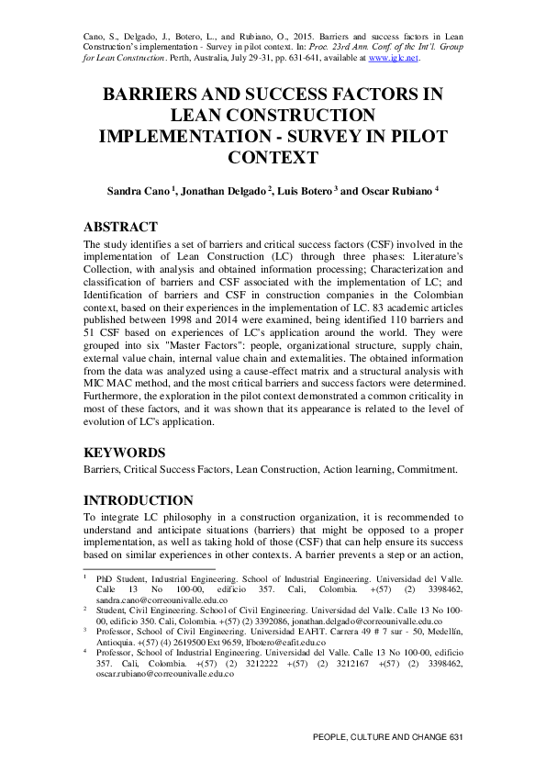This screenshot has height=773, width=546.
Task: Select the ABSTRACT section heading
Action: pos(120,227)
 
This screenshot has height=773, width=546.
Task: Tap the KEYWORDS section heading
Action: pos(125,453)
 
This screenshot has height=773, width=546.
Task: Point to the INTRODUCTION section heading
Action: pos(139,500)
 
